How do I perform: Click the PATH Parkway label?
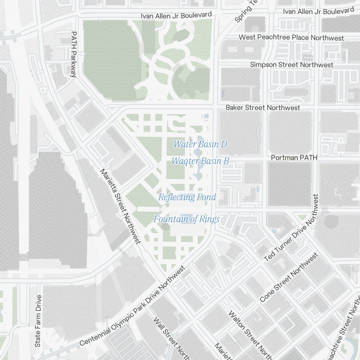click(74, 54)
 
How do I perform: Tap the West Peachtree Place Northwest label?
click(291, 38)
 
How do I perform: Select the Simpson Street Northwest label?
click(292, 65)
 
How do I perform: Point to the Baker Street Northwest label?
click(263, 108)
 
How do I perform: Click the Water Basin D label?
click(200, 144)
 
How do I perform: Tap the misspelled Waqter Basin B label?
click(200, 161)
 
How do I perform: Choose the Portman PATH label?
click(294, 158)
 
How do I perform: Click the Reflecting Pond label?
click(187, 197)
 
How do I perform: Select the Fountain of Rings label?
click(186, 219)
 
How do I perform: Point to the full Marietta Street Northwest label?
click(120, 206)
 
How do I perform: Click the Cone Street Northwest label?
click(289, 277)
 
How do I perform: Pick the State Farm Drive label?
click(38, 321)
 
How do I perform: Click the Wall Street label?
click(169, 337)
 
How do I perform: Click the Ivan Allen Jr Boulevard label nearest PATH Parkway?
click(176, 15)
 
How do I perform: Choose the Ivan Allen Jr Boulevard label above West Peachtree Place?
click(319, 12)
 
